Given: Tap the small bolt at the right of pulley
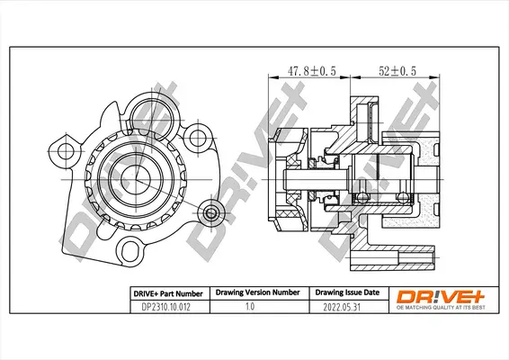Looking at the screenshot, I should [x=210, y=213].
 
